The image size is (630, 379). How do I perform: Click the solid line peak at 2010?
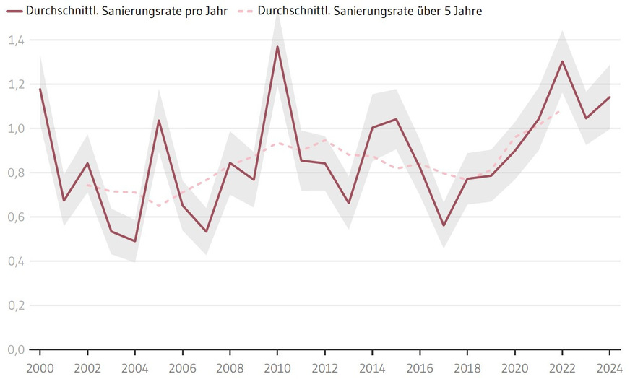(277, 47)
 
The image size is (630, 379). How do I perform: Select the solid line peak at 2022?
(562, 61)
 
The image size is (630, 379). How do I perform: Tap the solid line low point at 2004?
(134, 241)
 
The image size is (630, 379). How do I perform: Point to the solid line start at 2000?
(40, 89)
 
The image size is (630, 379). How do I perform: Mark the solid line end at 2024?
(610, 97)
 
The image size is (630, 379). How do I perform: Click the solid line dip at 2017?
(444, 225)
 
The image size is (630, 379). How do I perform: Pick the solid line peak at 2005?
(158, 121)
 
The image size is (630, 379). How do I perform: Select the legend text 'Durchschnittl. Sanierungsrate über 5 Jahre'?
(369, 11)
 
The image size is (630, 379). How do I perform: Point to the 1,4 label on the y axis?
(16, 40)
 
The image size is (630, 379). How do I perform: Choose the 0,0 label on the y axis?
(16, 349)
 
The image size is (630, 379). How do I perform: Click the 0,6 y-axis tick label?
(16, 217)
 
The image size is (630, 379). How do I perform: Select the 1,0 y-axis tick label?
(16, 128)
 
